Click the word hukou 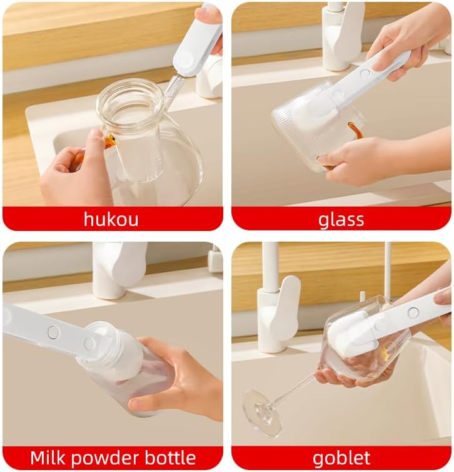(111, 219)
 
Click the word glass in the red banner (341, 220)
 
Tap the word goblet (341, 458)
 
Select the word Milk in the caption (47, 458)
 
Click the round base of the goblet (261, 413)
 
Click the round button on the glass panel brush (365, 73)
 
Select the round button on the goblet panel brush (413, 313)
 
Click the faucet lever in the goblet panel (289, 307)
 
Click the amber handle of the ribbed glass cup (354, 130)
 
